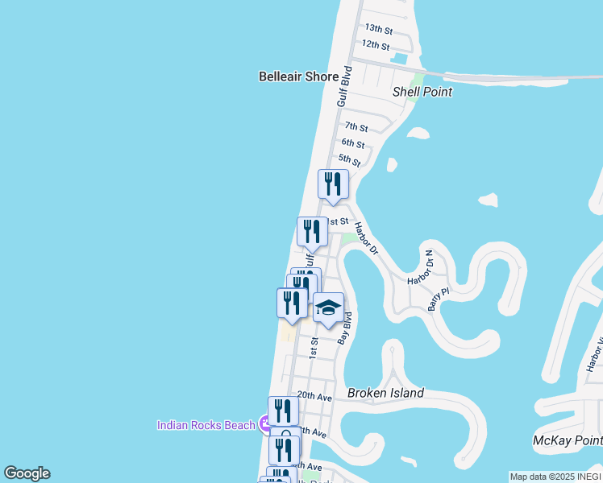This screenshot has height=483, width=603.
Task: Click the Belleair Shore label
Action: click(x=298, y=76)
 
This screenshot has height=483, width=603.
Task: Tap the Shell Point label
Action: click(x=422, y=92)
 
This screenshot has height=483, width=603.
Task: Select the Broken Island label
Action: click(x=385, y=393)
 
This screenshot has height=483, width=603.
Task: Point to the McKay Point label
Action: click(x=568, y=440)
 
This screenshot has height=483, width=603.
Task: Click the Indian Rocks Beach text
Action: click(x=206, y=425)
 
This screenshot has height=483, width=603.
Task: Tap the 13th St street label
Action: click(x=377, y=27)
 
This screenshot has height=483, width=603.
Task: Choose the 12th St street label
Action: click(x=376, y=45)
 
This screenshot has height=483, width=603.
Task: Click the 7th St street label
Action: click(x=356, y=127)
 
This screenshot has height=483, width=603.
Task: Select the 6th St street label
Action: click(x=352, y=143)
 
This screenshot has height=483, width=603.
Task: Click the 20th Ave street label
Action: click(x=314, y=396)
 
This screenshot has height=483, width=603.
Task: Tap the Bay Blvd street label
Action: click(x=345, y=328)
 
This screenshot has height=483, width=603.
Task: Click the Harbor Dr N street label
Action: click(x=420, y=267)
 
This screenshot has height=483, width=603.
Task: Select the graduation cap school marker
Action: click(x=328, y=308)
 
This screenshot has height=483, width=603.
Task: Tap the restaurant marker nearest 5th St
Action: click(x=333, y=184)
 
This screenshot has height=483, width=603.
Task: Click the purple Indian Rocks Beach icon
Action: click(x=264, y=424)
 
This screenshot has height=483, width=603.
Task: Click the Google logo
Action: click(x=27, y=473)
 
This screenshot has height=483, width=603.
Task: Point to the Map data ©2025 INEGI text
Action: click(x=555, y=477)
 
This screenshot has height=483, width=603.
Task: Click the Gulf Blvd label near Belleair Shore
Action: click(x=344, y=86)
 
